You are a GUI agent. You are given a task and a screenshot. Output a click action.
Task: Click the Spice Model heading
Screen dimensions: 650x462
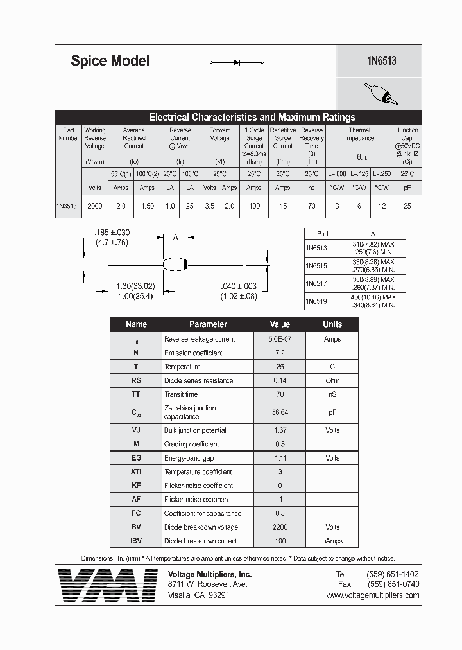(110, 61)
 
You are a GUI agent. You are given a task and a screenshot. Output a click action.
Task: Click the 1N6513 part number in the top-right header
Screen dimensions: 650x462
(381, 61)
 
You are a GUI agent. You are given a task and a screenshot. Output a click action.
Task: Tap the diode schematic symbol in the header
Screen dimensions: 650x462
(237, 62)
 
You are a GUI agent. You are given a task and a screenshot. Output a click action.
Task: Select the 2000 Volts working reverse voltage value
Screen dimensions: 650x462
(95, 206)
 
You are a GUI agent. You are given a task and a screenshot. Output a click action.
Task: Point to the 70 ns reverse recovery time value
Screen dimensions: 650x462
(311, 206)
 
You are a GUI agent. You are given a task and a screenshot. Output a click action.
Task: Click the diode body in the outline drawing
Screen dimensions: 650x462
(175, 263)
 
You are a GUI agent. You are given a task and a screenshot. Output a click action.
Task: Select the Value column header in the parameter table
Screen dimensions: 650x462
(280, 324)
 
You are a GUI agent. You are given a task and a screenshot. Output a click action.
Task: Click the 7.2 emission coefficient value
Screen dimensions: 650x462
(280, 353)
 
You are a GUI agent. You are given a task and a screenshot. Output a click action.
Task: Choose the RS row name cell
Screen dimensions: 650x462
(136, 380)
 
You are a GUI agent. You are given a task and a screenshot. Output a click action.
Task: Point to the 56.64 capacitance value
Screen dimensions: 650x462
(280, 412)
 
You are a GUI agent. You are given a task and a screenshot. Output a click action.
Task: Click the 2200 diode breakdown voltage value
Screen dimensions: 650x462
(280, 527)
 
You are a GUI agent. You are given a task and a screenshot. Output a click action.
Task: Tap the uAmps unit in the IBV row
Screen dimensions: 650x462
(332, 541)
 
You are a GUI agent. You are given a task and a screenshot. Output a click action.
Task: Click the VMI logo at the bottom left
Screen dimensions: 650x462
(107, 586)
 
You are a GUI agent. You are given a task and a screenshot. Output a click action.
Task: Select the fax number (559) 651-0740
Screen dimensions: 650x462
(393, 584)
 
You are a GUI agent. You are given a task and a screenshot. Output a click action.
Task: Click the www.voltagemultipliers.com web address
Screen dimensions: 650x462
(373, 595)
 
